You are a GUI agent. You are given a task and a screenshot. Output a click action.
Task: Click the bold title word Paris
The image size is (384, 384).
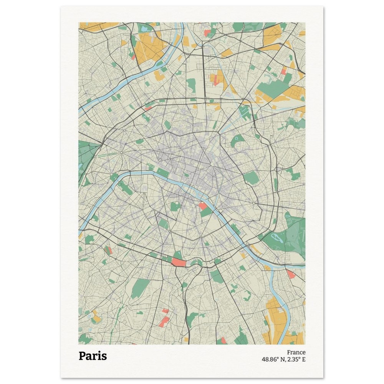click(x=93, y=356)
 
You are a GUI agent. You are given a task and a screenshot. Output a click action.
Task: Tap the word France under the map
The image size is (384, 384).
click(x=296, y=352)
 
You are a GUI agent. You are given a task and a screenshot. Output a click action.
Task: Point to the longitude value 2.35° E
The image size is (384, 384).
click(x=296, y=359)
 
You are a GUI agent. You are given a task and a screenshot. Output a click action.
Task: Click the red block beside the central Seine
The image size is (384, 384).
click(x=202, y=206)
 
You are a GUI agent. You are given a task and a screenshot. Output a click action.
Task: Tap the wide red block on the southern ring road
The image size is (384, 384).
click(x=179, y=263)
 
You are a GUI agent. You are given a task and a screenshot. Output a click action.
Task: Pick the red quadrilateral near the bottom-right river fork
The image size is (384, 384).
click(x=291, y=274)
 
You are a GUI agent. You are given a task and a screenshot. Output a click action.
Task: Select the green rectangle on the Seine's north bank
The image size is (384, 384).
click(x=162, y=173)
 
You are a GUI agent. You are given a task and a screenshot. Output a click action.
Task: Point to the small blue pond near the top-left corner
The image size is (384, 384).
click(x=144, y=28)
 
